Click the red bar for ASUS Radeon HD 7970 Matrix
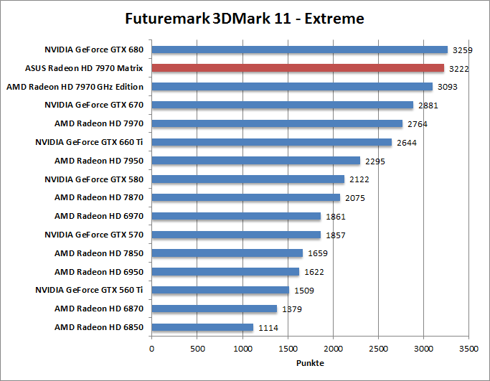[298, 68]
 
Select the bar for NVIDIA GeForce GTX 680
[299, 50]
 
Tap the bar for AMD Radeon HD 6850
[202, 327]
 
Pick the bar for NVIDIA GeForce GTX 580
[248, 179]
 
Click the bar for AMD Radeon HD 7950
[255, 161]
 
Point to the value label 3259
[461, 50]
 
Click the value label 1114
[268, 328]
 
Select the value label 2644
[406, 143]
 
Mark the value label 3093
[447, 87]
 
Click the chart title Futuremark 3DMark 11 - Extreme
[244, 18]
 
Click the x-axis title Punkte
[309, 362]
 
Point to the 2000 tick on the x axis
[333, 349]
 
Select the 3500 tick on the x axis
[468, 349]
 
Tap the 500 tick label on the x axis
[197, 349]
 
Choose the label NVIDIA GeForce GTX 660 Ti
[90, 142]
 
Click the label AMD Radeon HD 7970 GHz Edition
[75, 87]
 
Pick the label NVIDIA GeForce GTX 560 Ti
[90, 290]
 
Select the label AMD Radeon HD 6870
[99, 309]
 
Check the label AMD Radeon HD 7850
[99, 253]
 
